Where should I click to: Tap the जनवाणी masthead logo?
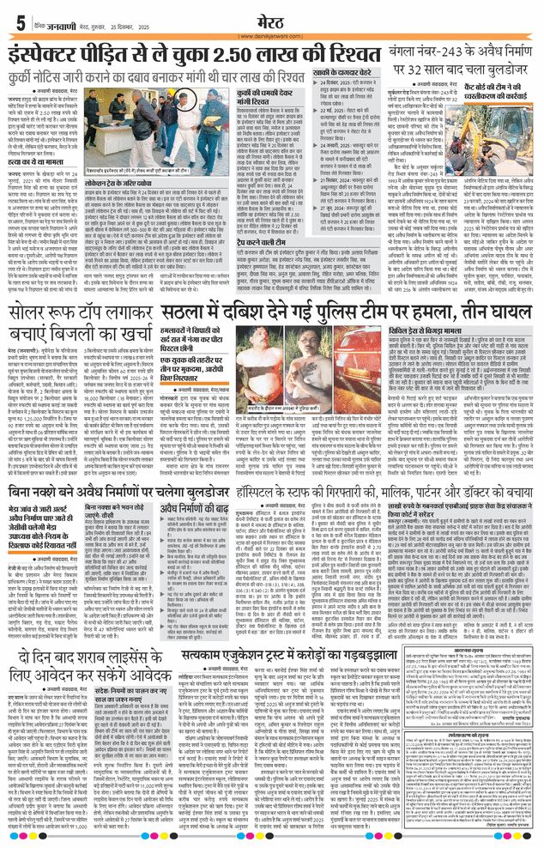coord(57,23)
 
